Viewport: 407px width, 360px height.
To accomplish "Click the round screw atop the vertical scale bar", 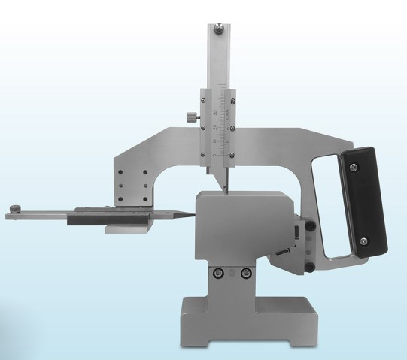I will point(217,29).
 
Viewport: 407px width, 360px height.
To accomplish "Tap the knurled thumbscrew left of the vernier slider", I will point(191,116).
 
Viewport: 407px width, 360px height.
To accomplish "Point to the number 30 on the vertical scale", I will point(218,111).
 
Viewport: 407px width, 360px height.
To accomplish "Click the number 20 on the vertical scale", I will point(218,126).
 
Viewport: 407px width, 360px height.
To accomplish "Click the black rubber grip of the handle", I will point(363,199).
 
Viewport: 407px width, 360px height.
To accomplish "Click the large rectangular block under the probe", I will point(241,225).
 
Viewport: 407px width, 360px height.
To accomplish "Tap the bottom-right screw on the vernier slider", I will point(233,154).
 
